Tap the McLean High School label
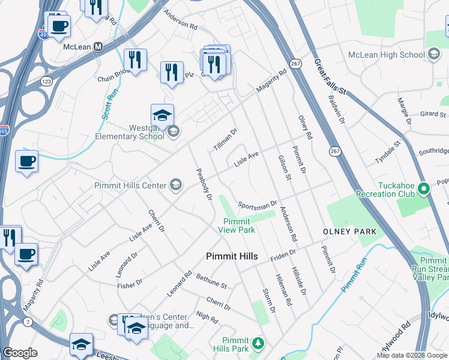[387, 55]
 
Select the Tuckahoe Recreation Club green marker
[423, 189]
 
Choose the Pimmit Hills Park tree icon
[258, 343]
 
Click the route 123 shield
[46, 80]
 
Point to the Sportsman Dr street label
[257, 205]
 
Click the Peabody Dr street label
[205, 184]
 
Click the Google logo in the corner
[20, 353]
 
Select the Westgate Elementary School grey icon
[174, 131]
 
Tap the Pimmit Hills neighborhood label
[232, 256]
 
